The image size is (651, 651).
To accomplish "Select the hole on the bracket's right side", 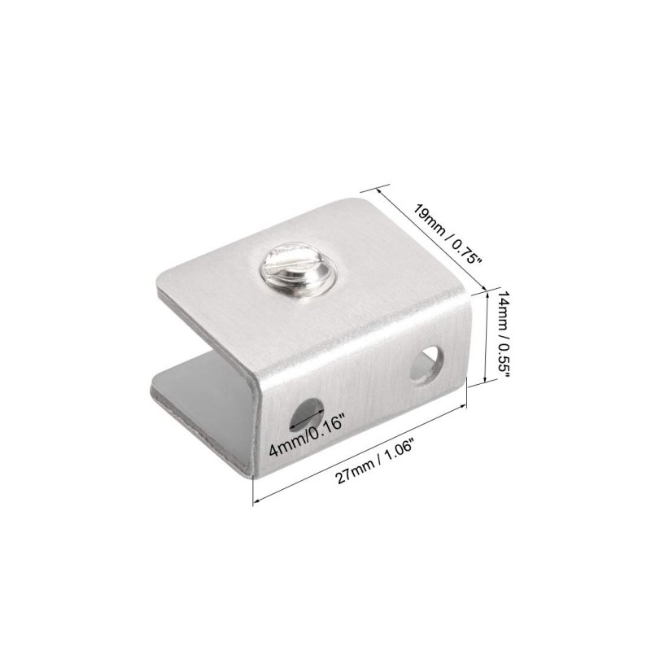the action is coord(426,365).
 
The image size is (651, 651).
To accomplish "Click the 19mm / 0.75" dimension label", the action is coord(446,234).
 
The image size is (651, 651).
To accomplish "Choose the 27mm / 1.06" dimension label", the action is coord(375,464).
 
